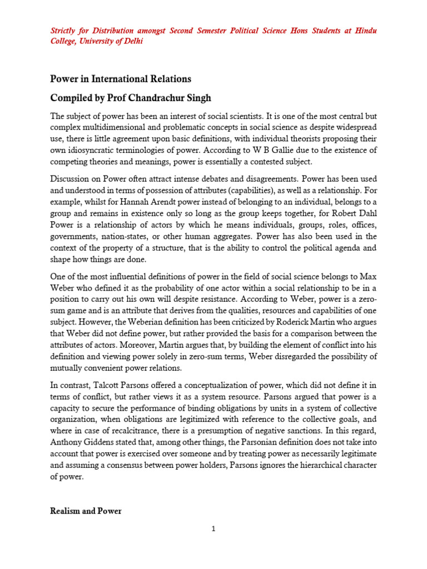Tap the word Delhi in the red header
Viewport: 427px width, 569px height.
pyautogui.click(x=133, y=42)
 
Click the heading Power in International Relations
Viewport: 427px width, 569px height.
pyautogui.click(x=121, y=79)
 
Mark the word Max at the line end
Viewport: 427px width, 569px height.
pyautogui.click(x=369, y=277)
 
